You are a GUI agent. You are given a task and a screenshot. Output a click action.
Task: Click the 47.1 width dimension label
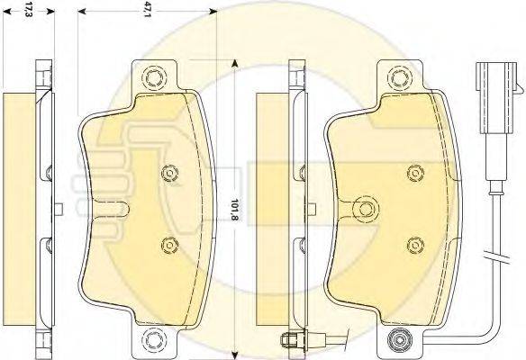pos(145,11)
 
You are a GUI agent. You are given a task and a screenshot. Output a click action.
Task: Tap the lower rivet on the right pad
pos(414,242)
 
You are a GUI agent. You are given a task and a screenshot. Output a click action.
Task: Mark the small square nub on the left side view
pos(58,210)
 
